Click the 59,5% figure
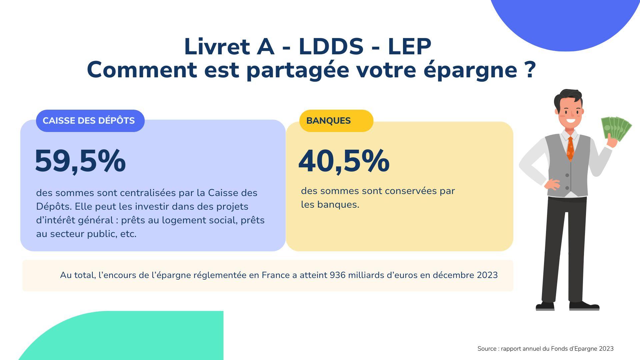point(80,161)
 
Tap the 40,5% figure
point(344,161)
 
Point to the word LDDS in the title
point(331,47)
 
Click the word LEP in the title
point(410,47)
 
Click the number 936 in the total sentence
point(337,275)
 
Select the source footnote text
point(545,349)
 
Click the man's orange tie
point(570,148)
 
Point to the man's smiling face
point(570,112)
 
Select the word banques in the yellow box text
point(338,205)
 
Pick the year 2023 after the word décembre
point(487,275)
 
